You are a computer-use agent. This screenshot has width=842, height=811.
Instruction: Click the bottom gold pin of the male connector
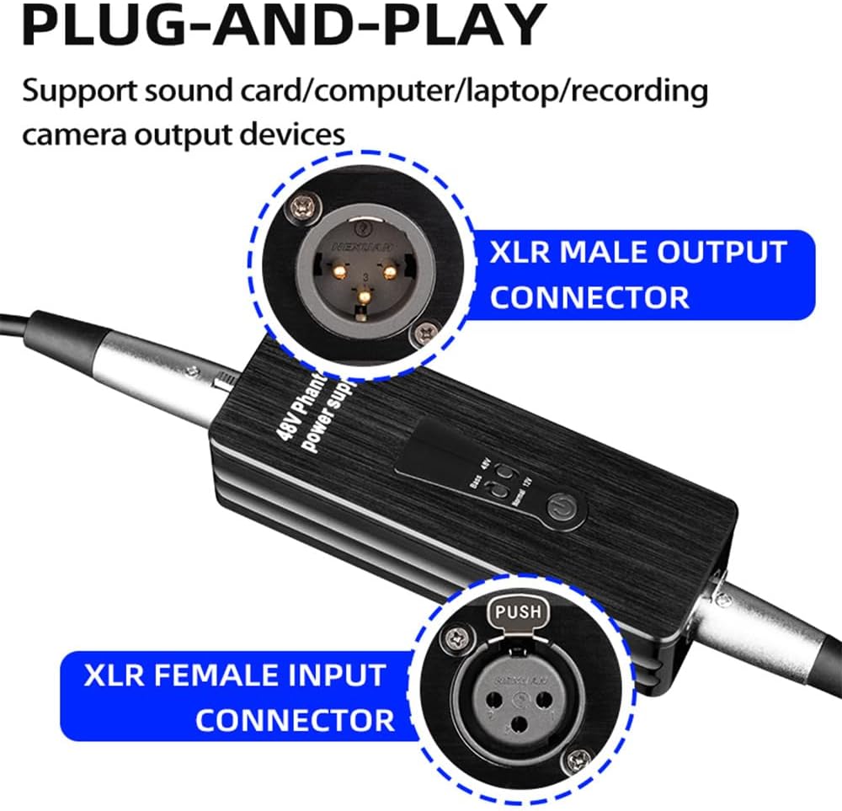[x=365, y=297]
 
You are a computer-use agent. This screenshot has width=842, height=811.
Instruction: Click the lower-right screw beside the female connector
[x=577, y=763]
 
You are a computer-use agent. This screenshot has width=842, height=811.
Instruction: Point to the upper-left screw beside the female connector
[x=459, y=641]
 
